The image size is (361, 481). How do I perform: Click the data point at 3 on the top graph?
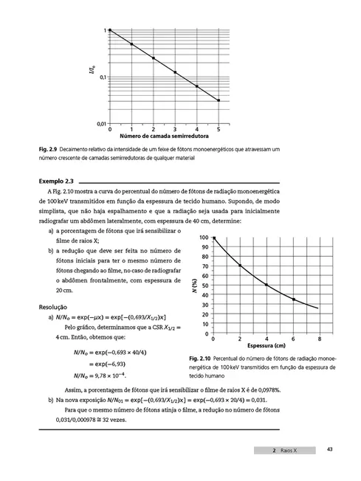(x=175, y=72)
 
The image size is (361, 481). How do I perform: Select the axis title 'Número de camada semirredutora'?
(x=164, y=136)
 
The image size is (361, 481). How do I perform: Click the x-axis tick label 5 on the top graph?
(x=219, y=129)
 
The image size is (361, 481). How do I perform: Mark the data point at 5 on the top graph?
(x=219, y=100)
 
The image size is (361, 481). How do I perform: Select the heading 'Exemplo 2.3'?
(x=56, y=180)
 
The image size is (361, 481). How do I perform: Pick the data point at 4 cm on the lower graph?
(x=267, y=285)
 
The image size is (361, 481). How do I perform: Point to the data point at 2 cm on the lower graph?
(x=240, y=265)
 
